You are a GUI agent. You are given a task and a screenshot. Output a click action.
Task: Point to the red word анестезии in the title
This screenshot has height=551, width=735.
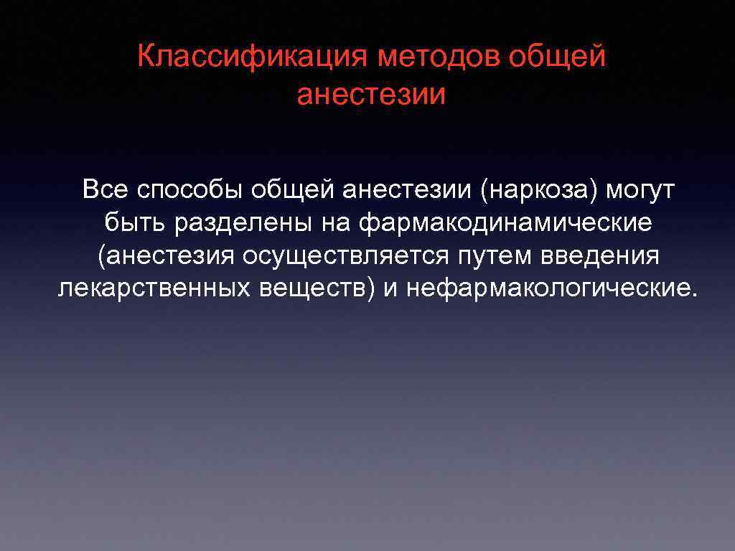371,95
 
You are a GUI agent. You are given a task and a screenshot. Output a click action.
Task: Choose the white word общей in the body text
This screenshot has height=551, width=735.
292,190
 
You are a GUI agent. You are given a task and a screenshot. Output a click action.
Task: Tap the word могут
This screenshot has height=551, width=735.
640,190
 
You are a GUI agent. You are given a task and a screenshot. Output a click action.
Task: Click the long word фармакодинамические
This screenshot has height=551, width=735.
506,222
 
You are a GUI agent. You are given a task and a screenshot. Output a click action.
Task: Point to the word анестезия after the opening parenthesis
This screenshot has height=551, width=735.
167,255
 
